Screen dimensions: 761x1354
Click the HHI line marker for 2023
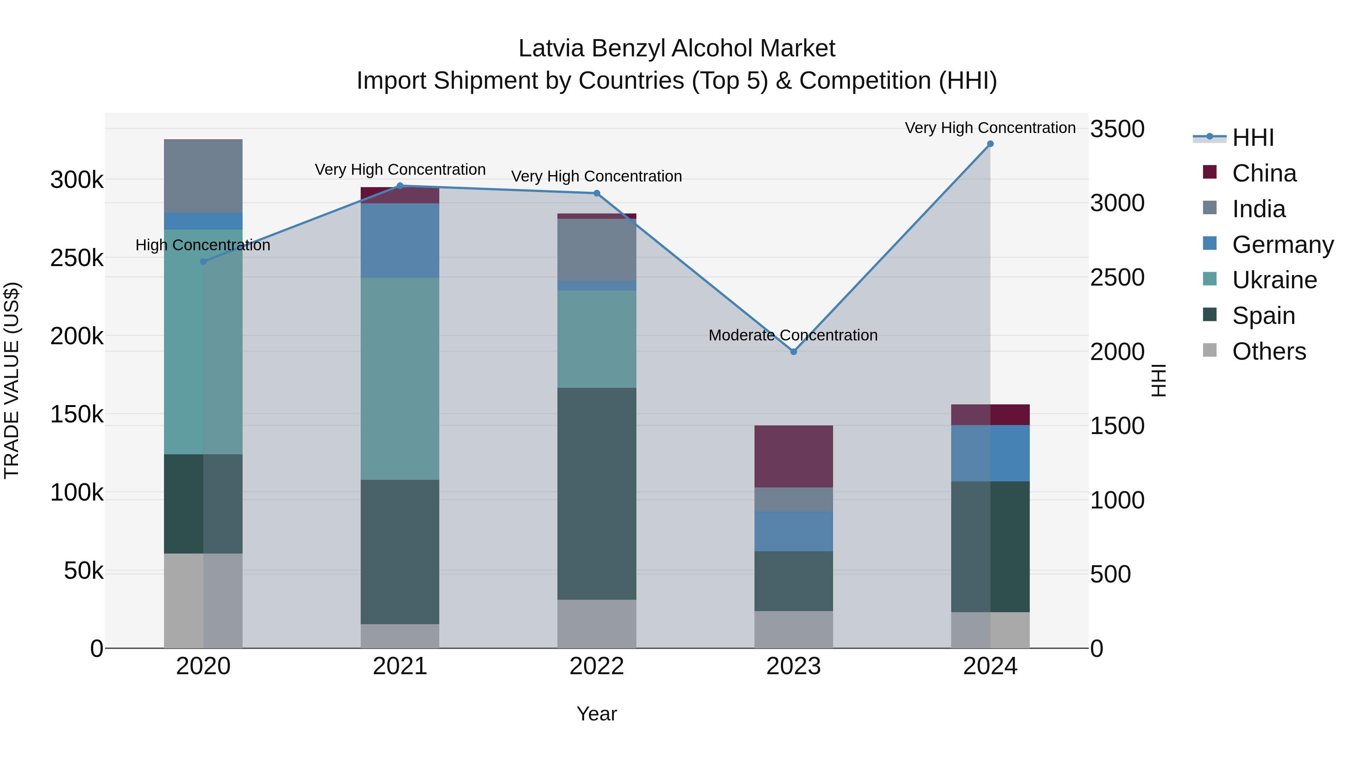point(794,351)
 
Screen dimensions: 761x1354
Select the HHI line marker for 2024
point(990,144)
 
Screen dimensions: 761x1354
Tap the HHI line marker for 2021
point(400,185)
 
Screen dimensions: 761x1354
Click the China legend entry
point(1264,173)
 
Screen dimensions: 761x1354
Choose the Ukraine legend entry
point(1274,280)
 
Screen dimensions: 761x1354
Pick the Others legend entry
point(1268,351)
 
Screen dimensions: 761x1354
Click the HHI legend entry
point(1252,138)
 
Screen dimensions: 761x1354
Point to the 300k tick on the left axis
point(77,180)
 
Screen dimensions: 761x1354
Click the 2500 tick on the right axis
point(1117,277)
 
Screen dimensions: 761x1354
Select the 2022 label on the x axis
point(597,666)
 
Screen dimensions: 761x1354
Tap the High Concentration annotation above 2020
point(203,245)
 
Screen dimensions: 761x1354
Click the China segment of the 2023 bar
point(794,456)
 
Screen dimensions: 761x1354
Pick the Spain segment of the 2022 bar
point(597,494)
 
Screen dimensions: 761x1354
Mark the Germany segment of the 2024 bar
point(990,453)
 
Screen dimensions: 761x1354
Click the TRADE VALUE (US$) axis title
point(12,380)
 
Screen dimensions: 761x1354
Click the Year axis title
point(597,714)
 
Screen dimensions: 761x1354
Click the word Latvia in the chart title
point(551,48)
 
